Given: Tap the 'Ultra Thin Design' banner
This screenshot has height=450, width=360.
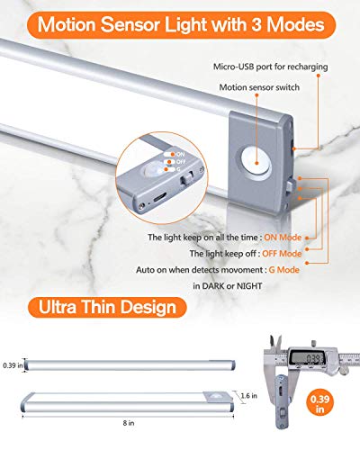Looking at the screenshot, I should pyautogui.click(x=105, y=307).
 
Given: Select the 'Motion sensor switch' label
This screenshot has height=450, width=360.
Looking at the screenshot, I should pyautogui.click(x=256, y=89).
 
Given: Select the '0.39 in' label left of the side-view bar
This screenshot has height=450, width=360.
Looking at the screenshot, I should pyautogui.click(x=11, y=364).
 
